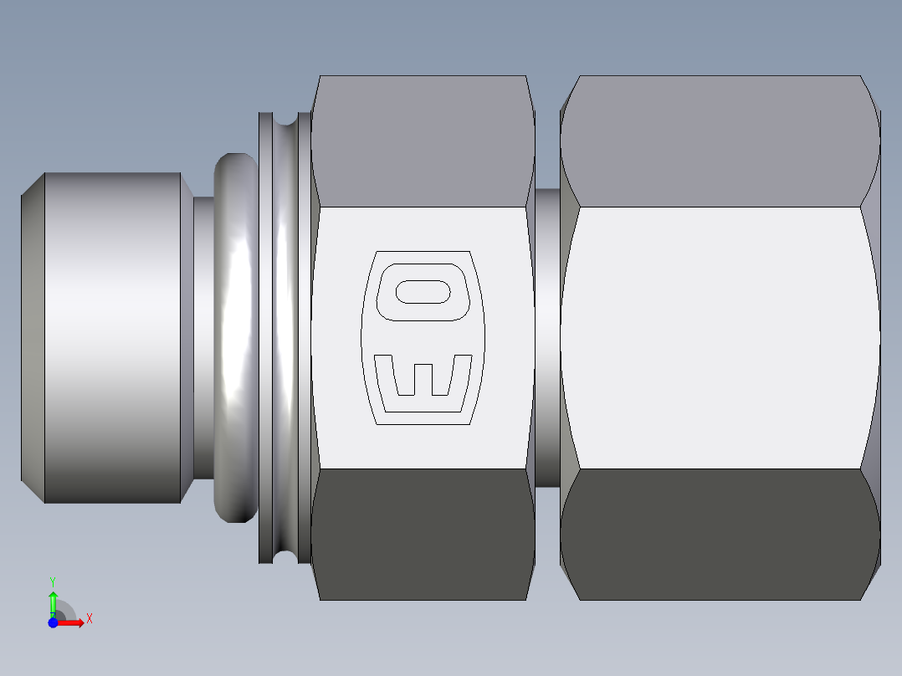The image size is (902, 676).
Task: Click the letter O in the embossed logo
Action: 423,292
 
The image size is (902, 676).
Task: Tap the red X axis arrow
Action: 74,622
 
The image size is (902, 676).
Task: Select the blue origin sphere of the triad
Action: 53,622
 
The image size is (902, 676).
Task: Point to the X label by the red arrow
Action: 90,619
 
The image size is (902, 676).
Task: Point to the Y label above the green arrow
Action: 53,581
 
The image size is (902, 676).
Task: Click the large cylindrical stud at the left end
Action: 112,338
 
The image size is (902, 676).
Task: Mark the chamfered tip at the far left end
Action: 32,338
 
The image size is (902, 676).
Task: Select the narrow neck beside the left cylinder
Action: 202,338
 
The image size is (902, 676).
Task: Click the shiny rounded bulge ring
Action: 236,338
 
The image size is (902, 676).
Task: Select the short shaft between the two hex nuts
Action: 546,338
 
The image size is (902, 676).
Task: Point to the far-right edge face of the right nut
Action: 875,338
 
